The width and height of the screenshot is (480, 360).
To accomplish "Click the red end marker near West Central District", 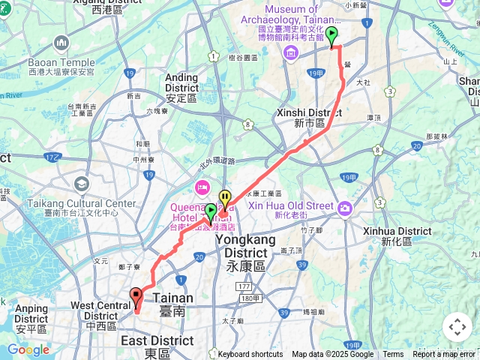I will [136, 297].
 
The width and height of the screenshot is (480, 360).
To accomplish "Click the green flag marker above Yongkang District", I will [211, 212].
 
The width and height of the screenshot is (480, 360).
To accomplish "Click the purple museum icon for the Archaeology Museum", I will [289, 54].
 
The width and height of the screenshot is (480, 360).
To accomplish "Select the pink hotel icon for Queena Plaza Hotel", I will [201, 186].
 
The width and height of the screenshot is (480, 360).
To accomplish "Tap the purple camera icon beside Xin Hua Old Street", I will [344, 207].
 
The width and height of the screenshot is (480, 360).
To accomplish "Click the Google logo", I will [28, 349].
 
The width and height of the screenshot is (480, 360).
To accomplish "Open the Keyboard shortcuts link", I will [250, 355].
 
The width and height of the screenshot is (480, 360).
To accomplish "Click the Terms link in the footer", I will [393, 355].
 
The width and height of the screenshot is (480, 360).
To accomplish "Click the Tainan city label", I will [173, 303].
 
